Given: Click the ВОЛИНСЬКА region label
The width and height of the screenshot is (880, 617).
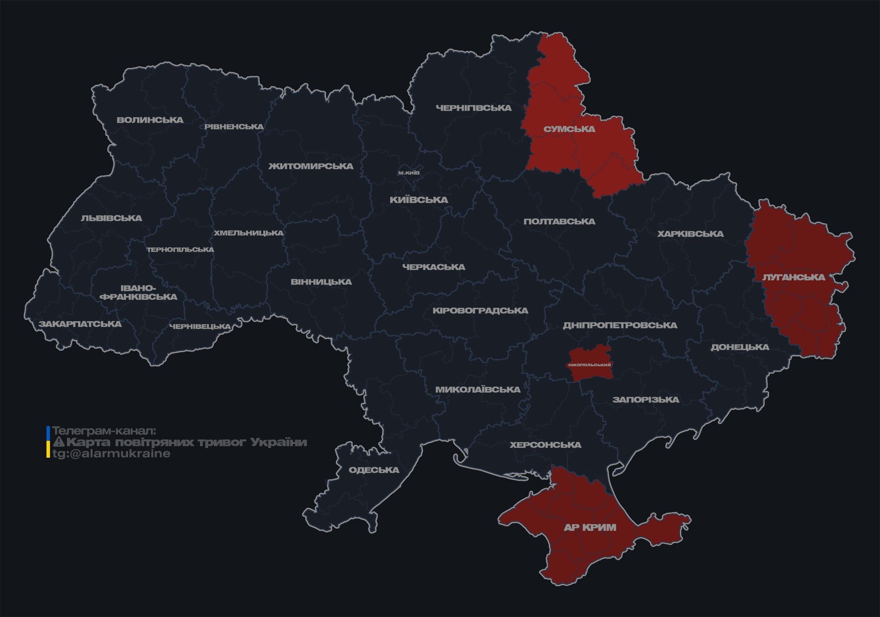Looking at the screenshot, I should click(x=150, y=120).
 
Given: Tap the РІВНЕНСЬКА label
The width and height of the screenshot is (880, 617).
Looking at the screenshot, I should click(x=234, y=127).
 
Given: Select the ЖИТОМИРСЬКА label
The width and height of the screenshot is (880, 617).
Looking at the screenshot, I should click(x=311, y=166).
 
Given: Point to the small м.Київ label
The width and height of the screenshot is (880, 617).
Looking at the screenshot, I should click(x=409, y=173).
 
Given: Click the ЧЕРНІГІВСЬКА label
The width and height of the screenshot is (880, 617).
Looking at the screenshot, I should click(x=474, y=108).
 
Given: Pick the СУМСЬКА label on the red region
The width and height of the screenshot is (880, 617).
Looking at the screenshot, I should click(x=569, y=129).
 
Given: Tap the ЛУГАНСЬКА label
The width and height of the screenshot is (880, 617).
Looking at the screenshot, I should click(x=794, y=277).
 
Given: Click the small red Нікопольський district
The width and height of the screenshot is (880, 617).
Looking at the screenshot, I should click(x=589, y=364).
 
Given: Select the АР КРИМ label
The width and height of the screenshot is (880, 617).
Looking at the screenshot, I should click(x=590, y=527).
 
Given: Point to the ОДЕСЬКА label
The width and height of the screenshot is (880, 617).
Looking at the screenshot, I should click(x=374, y=470).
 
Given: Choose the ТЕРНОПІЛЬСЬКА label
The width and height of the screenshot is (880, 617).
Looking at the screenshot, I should click(x=180, y=250).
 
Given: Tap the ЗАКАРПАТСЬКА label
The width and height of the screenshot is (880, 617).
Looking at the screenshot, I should click(x=80, y=324).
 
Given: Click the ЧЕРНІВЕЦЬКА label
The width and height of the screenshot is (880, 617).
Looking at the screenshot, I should click(x=200, y=327).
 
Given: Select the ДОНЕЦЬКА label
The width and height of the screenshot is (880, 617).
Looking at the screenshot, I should click(x=740, y=347).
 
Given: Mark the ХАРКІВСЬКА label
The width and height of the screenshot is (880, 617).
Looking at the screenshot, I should click(x=690, y=234).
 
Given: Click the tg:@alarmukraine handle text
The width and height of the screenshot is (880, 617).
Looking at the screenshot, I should click(x=112, y=454).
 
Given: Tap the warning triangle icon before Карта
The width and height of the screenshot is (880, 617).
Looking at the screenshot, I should click(x=58, y=443).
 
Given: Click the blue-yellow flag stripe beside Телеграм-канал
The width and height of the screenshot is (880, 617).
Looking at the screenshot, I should click(x=48, y=442).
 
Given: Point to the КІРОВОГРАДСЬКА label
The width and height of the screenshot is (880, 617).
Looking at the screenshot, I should click(x=480, y=311).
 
